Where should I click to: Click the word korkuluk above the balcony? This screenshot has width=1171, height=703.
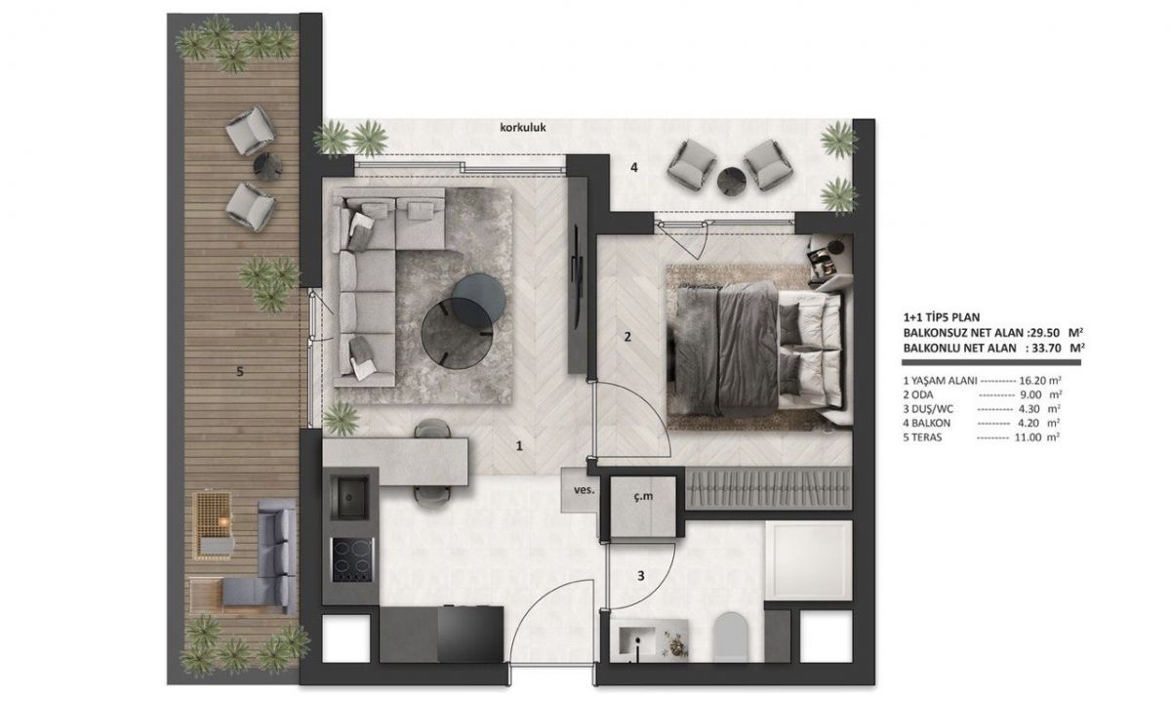tap(523, 127)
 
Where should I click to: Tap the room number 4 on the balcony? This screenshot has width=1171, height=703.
tap(634, 168)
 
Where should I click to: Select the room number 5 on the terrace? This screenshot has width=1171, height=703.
tap(240, 372)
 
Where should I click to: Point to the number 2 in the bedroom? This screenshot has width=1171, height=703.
tap(627, 337)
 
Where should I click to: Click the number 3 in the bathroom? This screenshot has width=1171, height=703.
tap(641, 576)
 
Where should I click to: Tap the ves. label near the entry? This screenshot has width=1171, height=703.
tap(584, 490)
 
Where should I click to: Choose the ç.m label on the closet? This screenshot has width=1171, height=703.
tap(643, 496)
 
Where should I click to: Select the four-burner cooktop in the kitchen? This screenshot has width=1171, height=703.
tap(352, 560)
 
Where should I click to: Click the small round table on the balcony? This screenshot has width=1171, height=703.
tap(731, 181)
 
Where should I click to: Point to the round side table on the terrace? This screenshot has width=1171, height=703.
tap(267, 166)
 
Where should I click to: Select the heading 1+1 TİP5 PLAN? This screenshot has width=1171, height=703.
tap(942, 317)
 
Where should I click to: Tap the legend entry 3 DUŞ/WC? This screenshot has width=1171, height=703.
tap(929, 409)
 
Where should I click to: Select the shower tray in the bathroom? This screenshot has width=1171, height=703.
tap(809, 560)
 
